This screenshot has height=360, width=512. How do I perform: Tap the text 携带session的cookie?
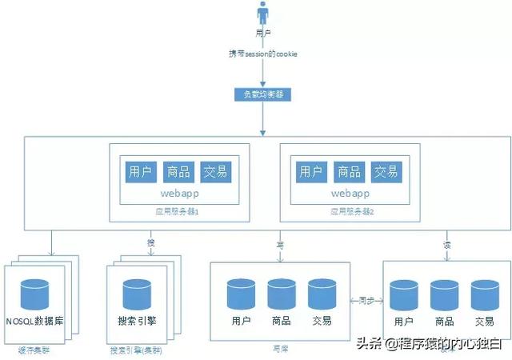click(263, 54)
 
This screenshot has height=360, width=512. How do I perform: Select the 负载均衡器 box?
click(263, 94)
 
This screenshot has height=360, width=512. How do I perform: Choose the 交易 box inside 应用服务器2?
click(386, 171)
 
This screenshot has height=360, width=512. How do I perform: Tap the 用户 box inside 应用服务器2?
click(310, 171)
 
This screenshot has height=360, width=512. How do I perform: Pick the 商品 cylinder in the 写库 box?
click(282, 294)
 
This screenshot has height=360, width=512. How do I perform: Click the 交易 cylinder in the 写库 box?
click(322, 294)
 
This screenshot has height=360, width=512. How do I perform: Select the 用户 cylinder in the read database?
click(404, 294)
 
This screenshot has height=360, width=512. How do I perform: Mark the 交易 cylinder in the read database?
click(484, 294)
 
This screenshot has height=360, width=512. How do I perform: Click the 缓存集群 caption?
click(33, 350)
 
